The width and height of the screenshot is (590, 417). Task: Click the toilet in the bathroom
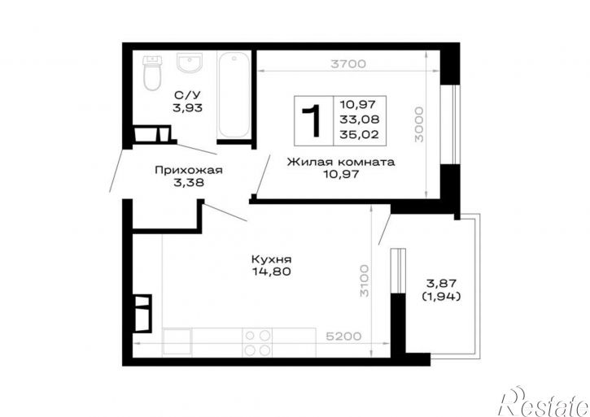[152, 73]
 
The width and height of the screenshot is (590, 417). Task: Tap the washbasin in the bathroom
[190, 63]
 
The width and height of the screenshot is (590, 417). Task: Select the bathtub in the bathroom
[234, 95]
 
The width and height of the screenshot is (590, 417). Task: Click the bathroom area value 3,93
[187, 108]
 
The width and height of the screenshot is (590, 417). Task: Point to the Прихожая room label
[189, 171]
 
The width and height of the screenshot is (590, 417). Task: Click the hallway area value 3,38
[189, 183]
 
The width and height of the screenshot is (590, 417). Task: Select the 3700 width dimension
[348, 64]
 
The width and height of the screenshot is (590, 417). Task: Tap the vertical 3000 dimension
[419, 124]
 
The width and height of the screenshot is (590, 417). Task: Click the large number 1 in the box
[312, 120]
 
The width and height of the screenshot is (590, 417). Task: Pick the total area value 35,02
[360, 135]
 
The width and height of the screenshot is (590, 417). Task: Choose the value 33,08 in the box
[360, 119]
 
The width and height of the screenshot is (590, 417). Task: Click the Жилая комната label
[341, 162]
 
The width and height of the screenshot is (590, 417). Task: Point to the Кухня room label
[271, 259]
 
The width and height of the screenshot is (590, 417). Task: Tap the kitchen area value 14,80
[272, 271]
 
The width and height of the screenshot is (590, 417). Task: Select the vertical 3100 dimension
[365, 281]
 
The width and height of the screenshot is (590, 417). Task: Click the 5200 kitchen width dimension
[343, 337]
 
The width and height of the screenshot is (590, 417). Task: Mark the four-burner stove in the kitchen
[257, 342]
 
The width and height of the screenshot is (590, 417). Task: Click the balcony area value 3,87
[441, 283]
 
